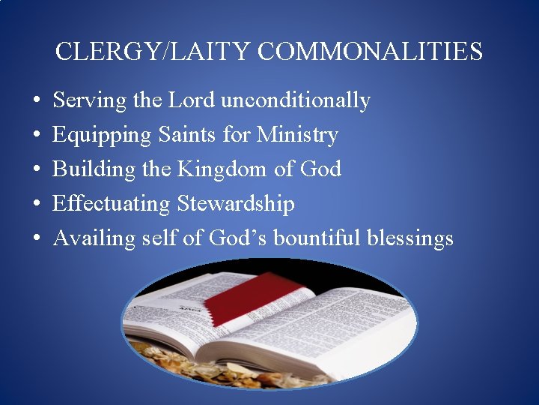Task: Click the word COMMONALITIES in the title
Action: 371,52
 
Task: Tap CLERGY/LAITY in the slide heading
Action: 154,52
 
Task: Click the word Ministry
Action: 297,135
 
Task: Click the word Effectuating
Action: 112,204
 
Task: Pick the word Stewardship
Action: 236,204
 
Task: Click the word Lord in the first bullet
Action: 191,100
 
